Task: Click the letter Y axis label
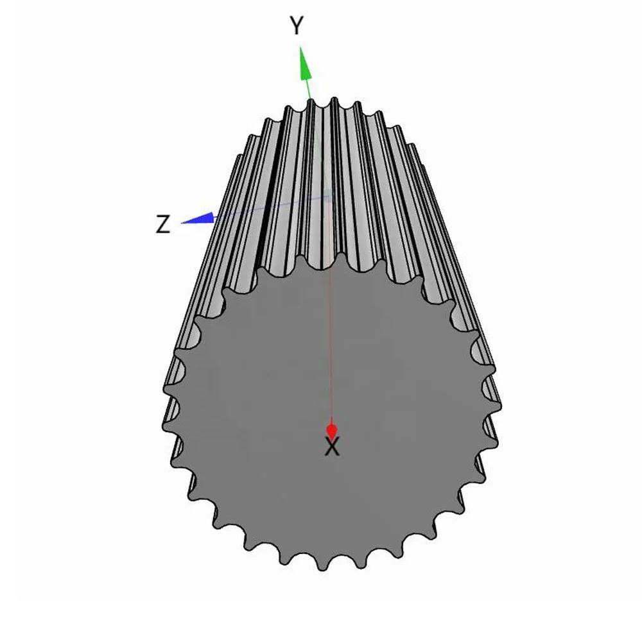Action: point(297,26)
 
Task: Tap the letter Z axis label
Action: point(163,224)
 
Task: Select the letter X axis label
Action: point(332,447)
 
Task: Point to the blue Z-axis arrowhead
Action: point(198,218)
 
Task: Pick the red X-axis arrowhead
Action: point(332,430)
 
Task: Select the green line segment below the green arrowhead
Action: point(309,89)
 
